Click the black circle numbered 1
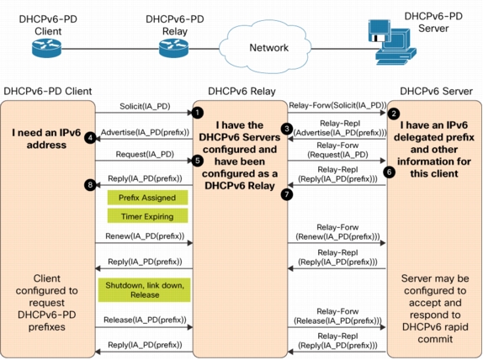[198, 113]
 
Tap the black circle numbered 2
[394, 114]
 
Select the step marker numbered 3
[287, 129]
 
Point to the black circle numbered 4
[90, 138]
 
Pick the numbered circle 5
[198, 161]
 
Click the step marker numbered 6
[390, 172]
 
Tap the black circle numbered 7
[287, 194]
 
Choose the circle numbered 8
[90, 184]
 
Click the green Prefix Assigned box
[147, 198]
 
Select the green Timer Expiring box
[147, 216]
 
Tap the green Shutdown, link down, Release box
[145, 290]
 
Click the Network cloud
[266, 47]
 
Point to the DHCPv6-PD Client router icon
[47, 48]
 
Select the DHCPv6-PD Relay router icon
[173, 48]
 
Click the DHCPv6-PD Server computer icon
[392, 42]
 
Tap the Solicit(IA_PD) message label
[145, 106]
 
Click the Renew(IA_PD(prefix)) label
[145, 236]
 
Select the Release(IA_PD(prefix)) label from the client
[145, 320]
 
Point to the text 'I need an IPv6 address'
[46, 139]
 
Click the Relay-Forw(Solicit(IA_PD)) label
[337, 106]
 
